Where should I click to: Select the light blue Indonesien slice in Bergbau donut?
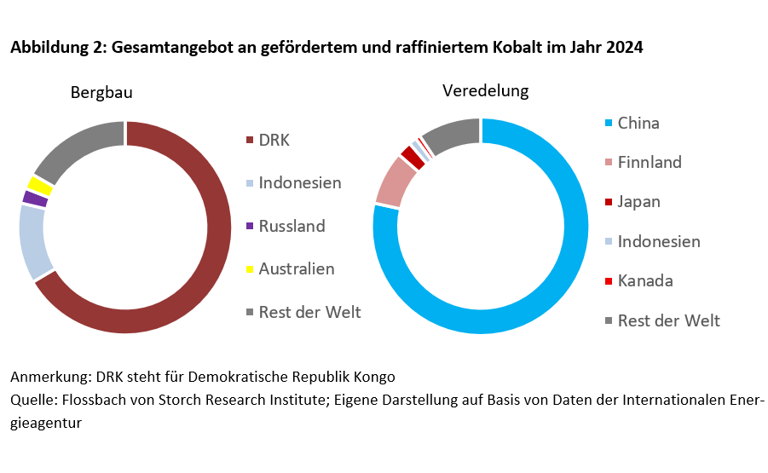(x=34, y=242)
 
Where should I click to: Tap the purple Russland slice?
(x=34, y=199)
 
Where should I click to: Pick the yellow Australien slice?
(x=39, y=184)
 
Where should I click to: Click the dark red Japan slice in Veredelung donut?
(x=413, y=158)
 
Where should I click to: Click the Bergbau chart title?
(x=101, y=92)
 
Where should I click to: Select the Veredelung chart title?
(x=485, y=90)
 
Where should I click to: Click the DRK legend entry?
(x=274, y=140)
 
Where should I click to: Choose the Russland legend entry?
(x=292, y=226)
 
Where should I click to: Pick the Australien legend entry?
(x=296, y=269)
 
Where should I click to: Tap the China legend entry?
(x=638, y=123)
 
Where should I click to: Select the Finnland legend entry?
(x=649, y=162)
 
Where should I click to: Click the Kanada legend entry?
(x=644, y=280)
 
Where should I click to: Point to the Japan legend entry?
(x=638, y=201)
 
